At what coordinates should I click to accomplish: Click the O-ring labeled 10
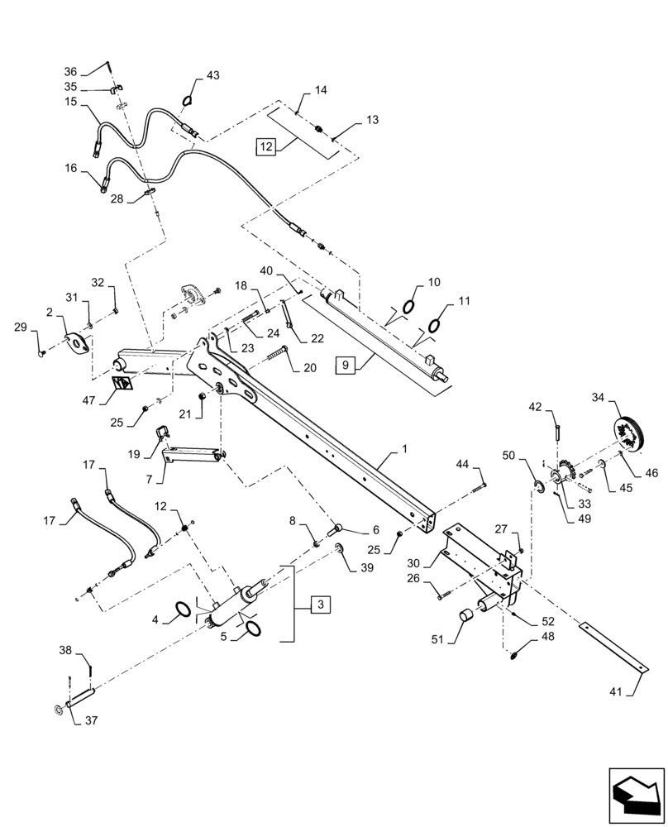(x=408, y=308)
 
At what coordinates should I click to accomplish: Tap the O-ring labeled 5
(x=251, y=629)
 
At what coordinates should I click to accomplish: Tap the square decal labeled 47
(x=123, y=385)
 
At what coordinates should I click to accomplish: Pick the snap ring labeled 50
(x=537, y=486)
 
